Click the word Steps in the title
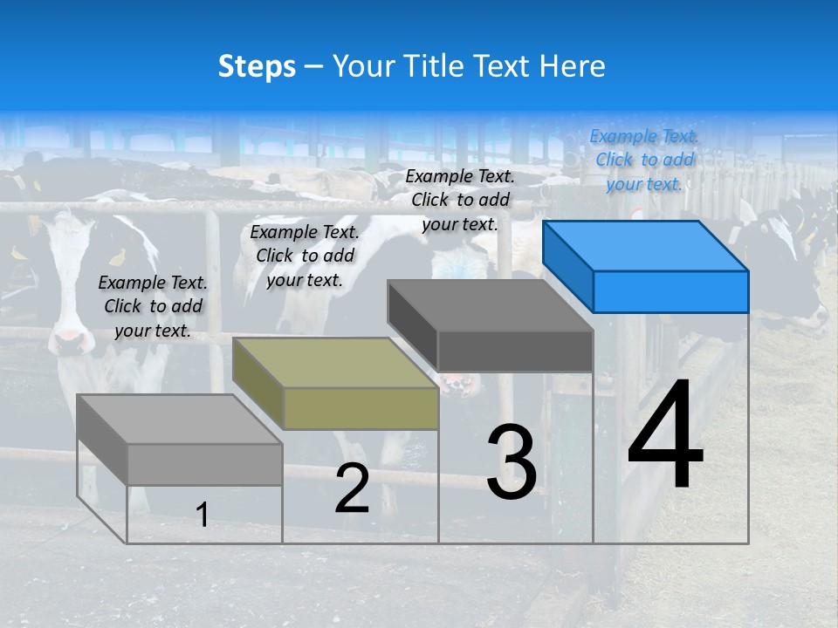point(257,66)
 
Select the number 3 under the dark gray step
point(511,462)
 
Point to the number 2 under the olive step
point(352,488)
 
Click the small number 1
point(202,515)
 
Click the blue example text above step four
point(644,160)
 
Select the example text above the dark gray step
point(460,200)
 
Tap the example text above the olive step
point(305,256)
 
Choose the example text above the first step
point(153,306)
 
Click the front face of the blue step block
point(670,291)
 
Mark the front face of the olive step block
point(361,408)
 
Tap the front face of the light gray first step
point(205,464)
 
